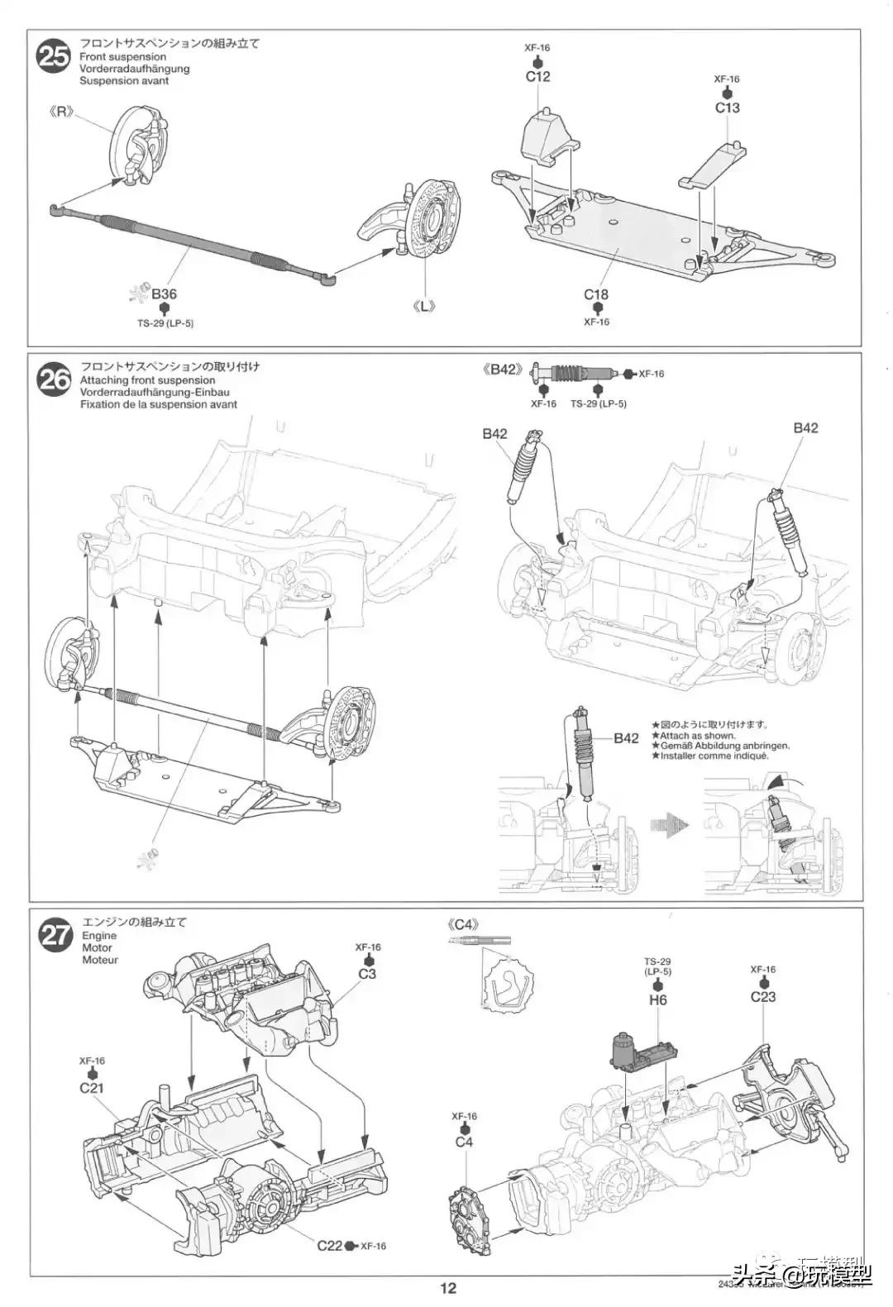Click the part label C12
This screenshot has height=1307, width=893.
pyautogui.click(x=537, y=77)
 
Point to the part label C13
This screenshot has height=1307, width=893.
pyautogui.click(x=727, y=107)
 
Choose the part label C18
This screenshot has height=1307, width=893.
pyautogui.click(x=595, y=294)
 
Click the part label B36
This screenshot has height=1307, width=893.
pyautogui.click(x=164, y=294)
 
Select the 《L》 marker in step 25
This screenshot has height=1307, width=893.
pyautogui.click(x=424, y=306)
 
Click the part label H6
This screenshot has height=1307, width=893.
pyautogui.click(x=658, y=999)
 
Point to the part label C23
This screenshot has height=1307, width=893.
pyautogui.click(x=762, y=996)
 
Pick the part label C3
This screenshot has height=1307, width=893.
pyautogui.click(x=367, y=974)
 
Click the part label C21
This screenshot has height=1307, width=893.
pyautogui.click(x=92, y=1087)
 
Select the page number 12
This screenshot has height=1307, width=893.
pyautogui.click(x=447, y=1287)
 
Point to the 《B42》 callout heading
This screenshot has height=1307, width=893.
pyautogui.click(x=503, y=370)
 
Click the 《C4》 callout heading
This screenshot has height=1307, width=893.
pyautogui.click(x=462, y=924)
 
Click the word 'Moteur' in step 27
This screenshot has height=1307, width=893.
pyautogui.click(x=100, y=960)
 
